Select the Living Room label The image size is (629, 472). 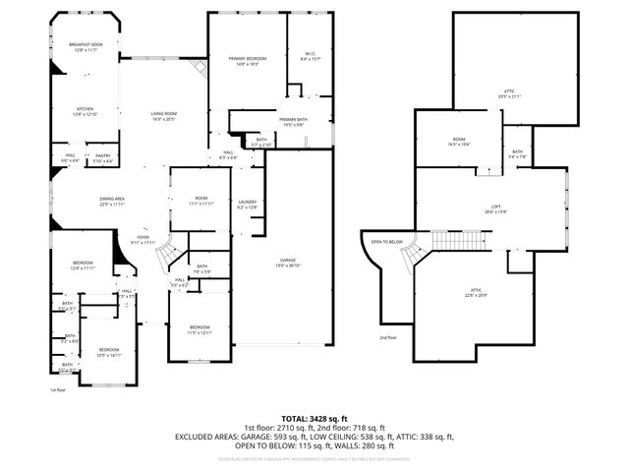tap(162, 116)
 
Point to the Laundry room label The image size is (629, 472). tap(247, 204)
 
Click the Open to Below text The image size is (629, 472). tap(387, 242)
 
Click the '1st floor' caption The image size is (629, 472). tap(58, 390)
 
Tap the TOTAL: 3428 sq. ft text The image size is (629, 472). tap(314, 418)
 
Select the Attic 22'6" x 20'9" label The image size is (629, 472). tap(475, 292)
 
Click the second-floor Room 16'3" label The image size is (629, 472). tap(458, 142)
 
